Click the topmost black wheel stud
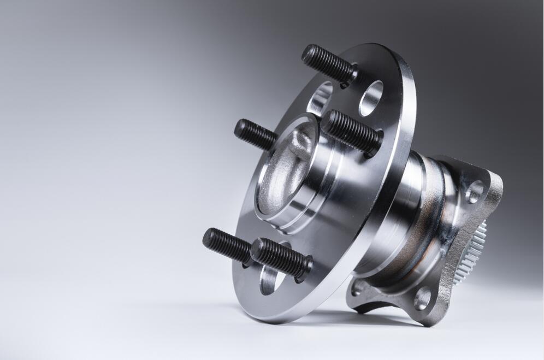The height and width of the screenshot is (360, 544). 328,64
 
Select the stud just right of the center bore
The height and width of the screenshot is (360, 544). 350,132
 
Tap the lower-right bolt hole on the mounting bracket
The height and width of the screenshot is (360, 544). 422,298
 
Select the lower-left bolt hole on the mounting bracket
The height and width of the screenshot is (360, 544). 357,287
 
